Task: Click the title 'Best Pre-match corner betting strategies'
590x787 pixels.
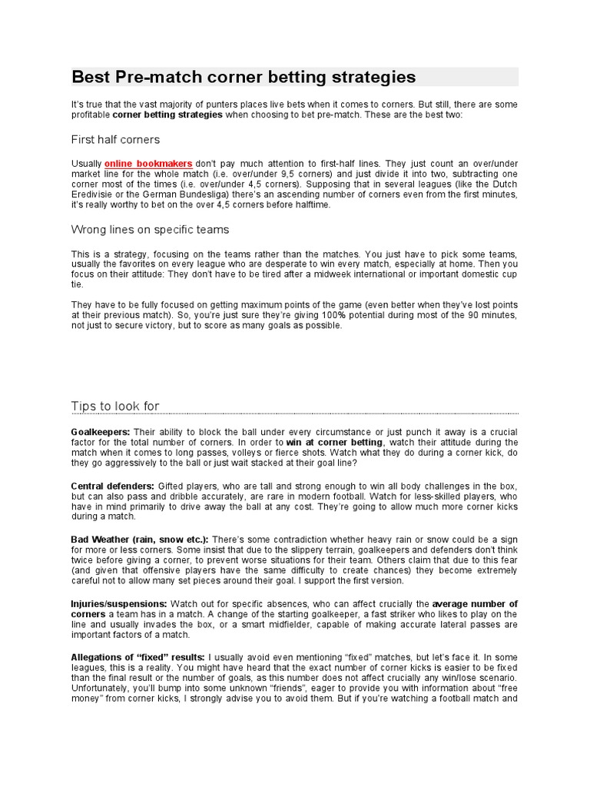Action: coord(244,78)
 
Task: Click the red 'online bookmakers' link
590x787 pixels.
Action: coord(148,164)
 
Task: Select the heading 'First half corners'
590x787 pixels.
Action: coord(115,140)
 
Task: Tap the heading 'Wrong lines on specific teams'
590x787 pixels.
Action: coord(150,230)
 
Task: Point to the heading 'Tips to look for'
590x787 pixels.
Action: coord(115,406)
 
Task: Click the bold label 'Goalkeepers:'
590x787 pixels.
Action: coord(101,432)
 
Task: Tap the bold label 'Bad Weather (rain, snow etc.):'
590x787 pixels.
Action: coord(140,540)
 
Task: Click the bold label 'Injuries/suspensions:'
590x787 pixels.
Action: coord(119,604)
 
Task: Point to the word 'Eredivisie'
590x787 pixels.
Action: coord(94,196)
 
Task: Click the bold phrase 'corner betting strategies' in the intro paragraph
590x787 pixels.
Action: coord(167,115)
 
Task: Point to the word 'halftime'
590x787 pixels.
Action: coord(304,206)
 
